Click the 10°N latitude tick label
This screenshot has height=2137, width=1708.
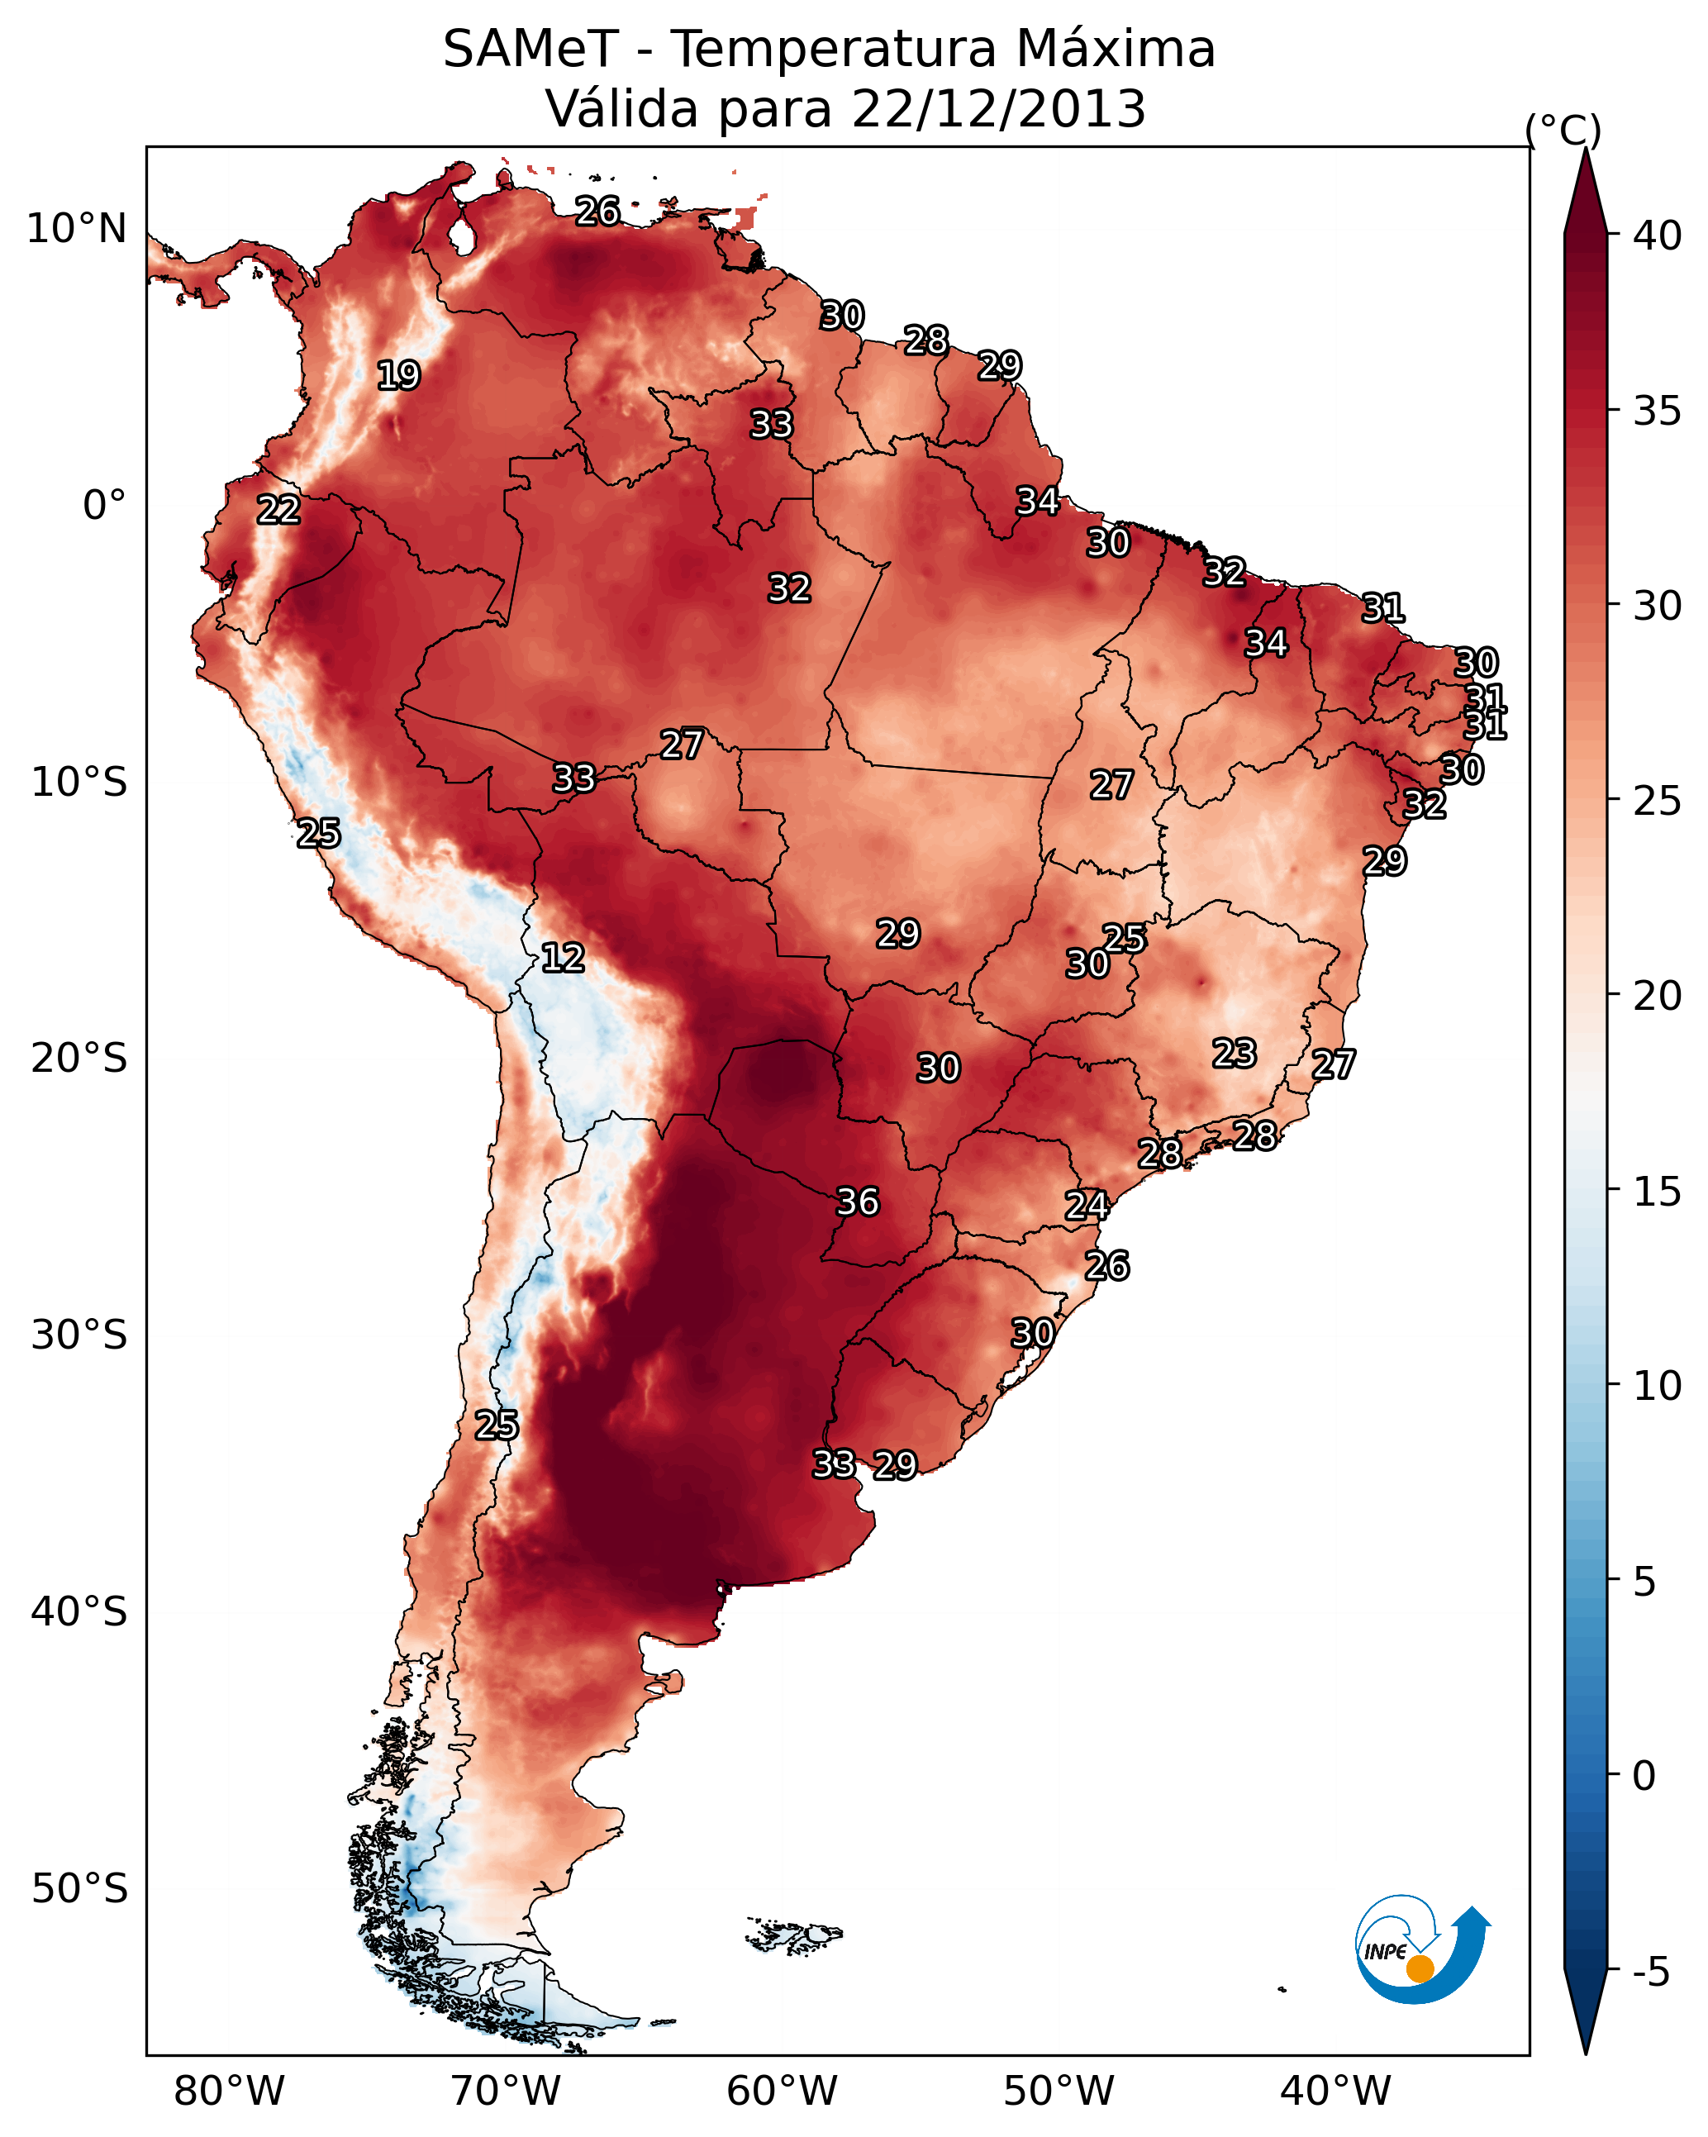click(76, 229)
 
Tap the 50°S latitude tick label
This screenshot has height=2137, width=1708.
click(79, 1889)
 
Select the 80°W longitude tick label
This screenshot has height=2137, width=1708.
click(229, 2091)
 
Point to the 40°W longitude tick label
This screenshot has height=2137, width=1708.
click(1335, 2091)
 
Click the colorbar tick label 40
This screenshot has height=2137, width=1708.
click(1658, 236)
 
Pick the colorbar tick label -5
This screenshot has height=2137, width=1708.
click(1650, 1972)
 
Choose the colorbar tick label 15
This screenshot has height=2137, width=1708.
click(1658, 1192)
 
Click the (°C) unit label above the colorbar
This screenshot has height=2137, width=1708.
click(1563, 130)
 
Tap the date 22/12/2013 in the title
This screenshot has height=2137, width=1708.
click(998, 109)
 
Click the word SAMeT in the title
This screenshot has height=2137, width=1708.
click(531, 50)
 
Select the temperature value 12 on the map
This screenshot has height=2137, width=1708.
click(563, 958)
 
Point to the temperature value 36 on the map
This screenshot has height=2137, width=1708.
click(858, 1202)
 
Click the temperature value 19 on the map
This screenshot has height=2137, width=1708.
click(398, 376)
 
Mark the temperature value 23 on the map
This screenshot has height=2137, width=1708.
click(1235, 1053)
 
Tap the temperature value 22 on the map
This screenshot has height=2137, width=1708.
click(278, 510)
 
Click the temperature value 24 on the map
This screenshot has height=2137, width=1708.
click(1087, 1206)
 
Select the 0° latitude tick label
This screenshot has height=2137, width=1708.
click(104, 506)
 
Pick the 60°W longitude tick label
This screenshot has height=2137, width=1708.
click(783, 2091)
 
